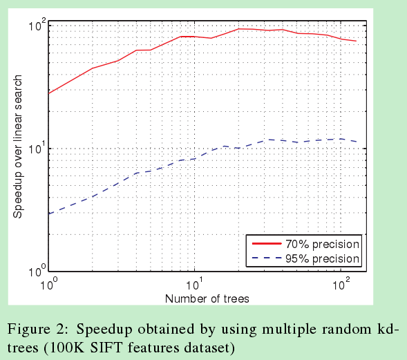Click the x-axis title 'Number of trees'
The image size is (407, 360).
point(207,299)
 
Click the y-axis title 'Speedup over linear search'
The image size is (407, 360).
point(18,147)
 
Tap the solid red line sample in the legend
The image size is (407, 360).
point(266,245)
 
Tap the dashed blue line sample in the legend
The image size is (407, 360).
point(266,259)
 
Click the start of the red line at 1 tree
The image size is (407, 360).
point(49,93)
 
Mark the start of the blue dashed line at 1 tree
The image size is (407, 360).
point(49,214)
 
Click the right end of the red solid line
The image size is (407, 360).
point(356,41)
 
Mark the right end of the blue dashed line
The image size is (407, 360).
point(356,142)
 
